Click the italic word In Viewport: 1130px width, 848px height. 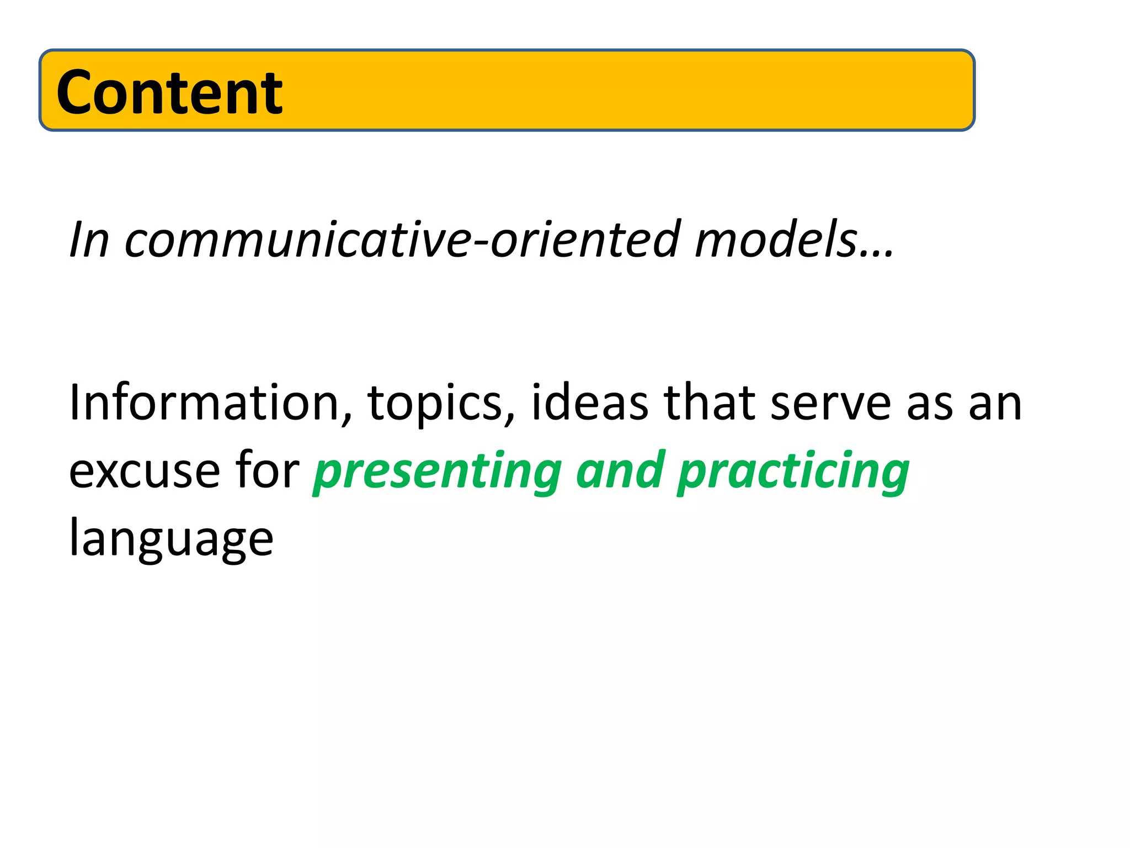coord(88,240)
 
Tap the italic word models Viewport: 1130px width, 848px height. coord(776,240)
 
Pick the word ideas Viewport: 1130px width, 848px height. coord(589,403)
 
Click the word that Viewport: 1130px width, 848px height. coord(709,403)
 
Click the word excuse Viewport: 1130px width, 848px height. coord(145,472)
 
